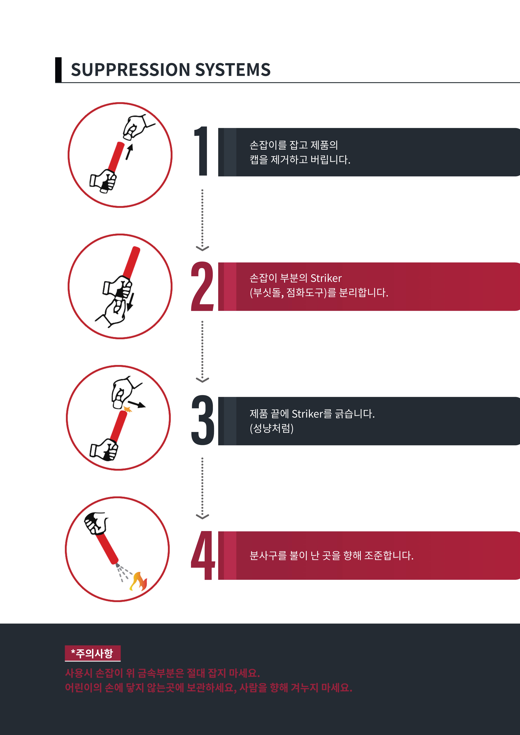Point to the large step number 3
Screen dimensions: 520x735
point(202,420)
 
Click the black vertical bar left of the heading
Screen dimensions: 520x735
point(58,70)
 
